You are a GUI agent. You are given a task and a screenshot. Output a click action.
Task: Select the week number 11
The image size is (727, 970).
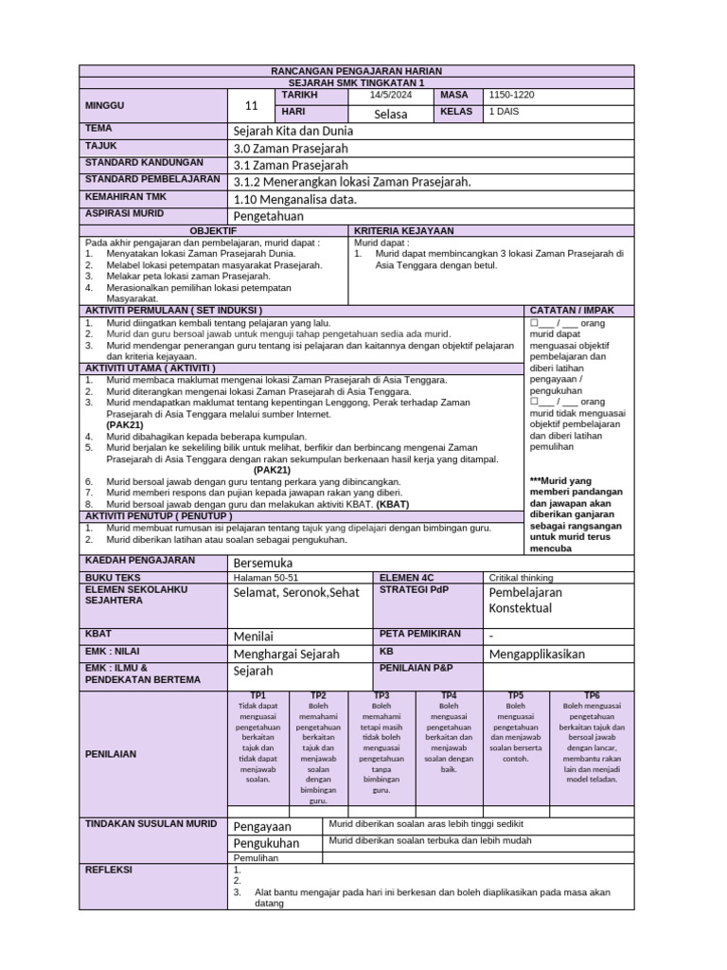click(x=251, y=105)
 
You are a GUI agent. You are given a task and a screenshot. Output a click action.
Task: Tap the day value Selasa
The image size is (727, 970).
click(x=390, y=114)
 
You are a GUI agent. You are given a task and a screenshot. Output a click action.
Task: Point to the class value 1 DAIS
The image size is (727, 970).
click(x=504, y=112)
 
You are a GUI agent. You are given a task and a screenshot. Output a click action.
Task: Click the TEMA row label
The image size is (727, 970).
click(x=98, y=129)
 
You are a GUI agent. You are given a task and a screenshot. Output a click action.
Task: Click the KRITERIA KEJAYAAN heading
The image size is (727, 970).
click(x=403, y=231)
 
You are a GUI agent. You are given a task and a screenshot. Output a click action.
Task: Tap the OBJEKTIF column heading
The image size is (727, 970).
click(x=215, y=231)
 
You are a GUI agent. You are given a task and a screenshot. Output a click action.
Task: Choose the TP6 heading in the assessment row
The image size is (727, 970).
click(x=592, y=695)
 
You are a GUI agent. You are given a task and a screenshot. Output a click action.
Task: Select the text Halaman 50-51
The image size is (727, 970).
click(x=265, y=578)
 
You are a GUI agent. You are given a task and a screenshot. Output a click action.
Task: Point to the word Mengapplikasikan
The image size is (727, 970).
click(x=537, y=654)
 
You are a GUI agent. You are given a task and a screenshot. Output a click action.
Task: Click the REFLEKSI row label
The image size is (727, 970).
click(x=109, y=869)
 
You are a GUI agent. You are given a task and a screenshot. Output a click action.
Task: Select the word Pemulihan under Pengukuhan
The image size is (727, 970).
click(x=256, y=858)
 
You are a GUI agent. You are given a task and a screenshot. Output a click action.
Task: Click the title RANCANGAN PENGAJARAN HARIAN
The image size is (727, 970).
click(x=357, y=71)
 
